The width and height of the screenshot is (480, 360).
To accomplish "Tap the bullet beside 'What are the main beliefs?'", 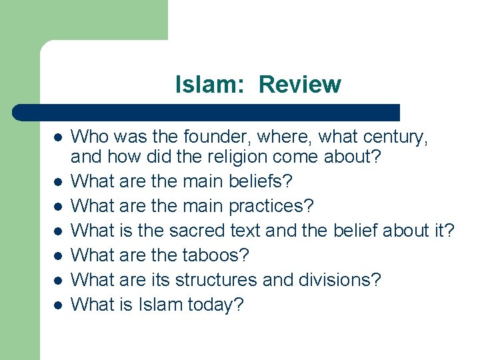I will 58,181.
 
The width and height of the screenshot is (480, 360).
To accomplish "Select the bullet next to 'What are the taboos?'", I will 58,255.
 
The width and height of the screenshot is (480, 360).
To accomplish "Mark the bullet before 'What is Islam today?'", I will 58,305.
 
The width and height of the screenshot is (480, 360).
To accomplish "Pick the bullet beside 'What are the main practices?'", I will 58,206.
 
